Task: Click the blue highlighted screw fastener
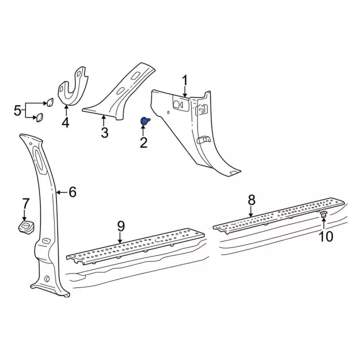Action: [x=145, y=121]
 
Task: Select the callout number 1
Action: [x=185, y=81]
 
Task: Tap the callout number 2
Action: [x=143, y=142]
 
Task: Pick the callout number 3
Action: [x=105, y=133]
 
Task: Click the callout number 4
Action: [x=65, y=122]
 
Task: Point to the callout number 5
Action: [x=17, y=111]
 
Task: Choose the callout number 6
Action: [x=73, y=192]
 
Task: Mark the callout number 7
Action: [x=25, y=204]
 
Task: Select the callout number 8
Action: [x=251, y=200]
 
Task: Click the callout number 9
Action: [x=121, y=226]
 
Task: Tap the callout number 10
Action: [x=326, y=236]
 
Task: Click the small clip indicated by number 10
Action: [x=323, y=214]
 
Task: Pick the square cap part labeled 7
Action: [x=26, y=226]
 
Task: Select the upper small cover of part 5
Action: [x=50, y=102]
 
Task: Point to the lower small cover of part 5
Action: [x=39, y=118]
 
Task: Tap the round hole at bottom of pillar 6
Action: [x=47, y=278]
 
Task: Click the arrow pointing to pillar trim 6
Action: [x=62, y=192]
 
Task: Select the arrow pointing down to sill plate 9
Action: [x=120, y=238]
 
